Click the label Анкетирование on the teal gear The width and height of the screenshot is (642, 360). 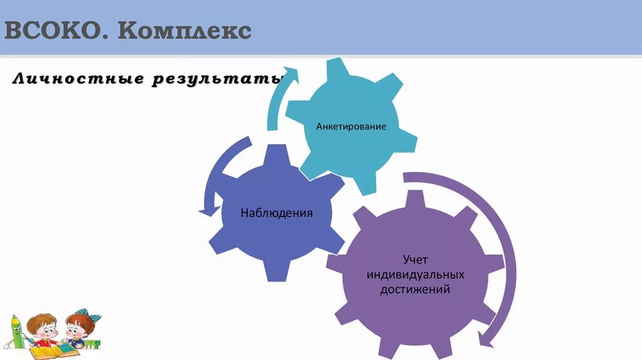351,126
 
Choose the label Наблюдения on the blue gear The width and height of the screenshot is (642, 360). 276,213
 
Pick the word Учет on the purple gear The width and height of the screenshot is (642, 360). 415,259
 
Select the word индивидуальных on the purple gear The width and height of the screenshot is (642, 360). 415,275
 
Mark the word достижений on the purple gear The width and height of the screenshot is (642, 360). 415,290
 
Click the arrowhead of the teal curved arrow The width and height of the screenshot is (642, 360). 289,74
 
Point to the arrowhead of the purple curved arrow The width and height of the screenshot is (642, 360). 484,339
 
